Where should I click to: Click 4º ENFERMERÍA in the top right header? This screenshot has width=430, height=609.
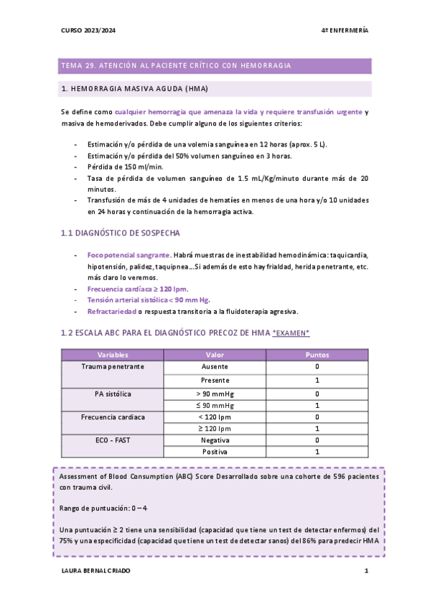pyautogui.click(x=345, y=30)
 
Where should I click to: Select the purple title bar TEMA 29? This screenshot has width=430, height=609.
pyautogui.click(x=215, y=65)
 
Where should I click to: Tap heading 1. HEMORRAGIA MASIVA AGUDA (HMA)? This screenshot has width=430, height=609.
pyautogui.click(x=136, y=89)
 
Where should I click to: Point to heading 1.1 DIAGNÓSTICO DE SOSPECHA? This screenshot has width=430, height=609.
pyautogui.click(x=121, y=233)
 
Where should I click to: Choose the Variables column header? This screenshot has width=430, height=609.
pyautogui.click(x=113, y=355)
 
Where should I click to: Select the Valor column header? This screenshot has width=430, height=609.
pyautogui.click(x=215, y=355)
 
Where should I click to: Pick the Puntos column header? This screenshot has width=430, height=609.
pyautogui.click(x=317, y=355)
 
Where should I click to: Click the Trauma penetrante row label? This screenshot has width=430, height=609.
pyautogui.click(x=113, y=366)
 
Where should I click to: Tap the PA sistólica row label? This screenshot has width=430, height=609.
pyautogui.click(x=113, y=394)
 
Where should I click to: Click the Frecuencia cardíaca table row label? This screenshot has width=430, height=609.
pyautogui.click(x=113, y=417)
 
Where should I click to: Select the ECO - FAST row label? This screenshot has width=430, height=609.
pyautogui.click(x=113, y=440)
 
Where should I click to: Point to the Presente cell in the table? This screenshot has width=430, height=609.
pyautogui.click(x=215, y=380)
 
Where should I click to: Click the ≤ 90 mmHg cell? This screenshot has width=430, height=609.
pyautogui.click(x=215, y=405)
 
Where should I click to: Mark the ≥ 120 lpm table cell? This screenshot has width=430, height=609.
pyautogui.click(x=215, y=428)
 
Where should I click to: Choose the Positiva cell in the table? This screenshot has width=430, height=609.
pyautogui.click(x=215, y=452)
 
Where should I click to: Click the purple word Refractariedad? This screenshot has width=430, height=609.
pyautogui.click(x=112, y=311)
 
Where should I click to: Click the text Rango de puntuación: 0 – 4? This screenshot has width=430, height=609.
pyautogui.click(x=103, y=508)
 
